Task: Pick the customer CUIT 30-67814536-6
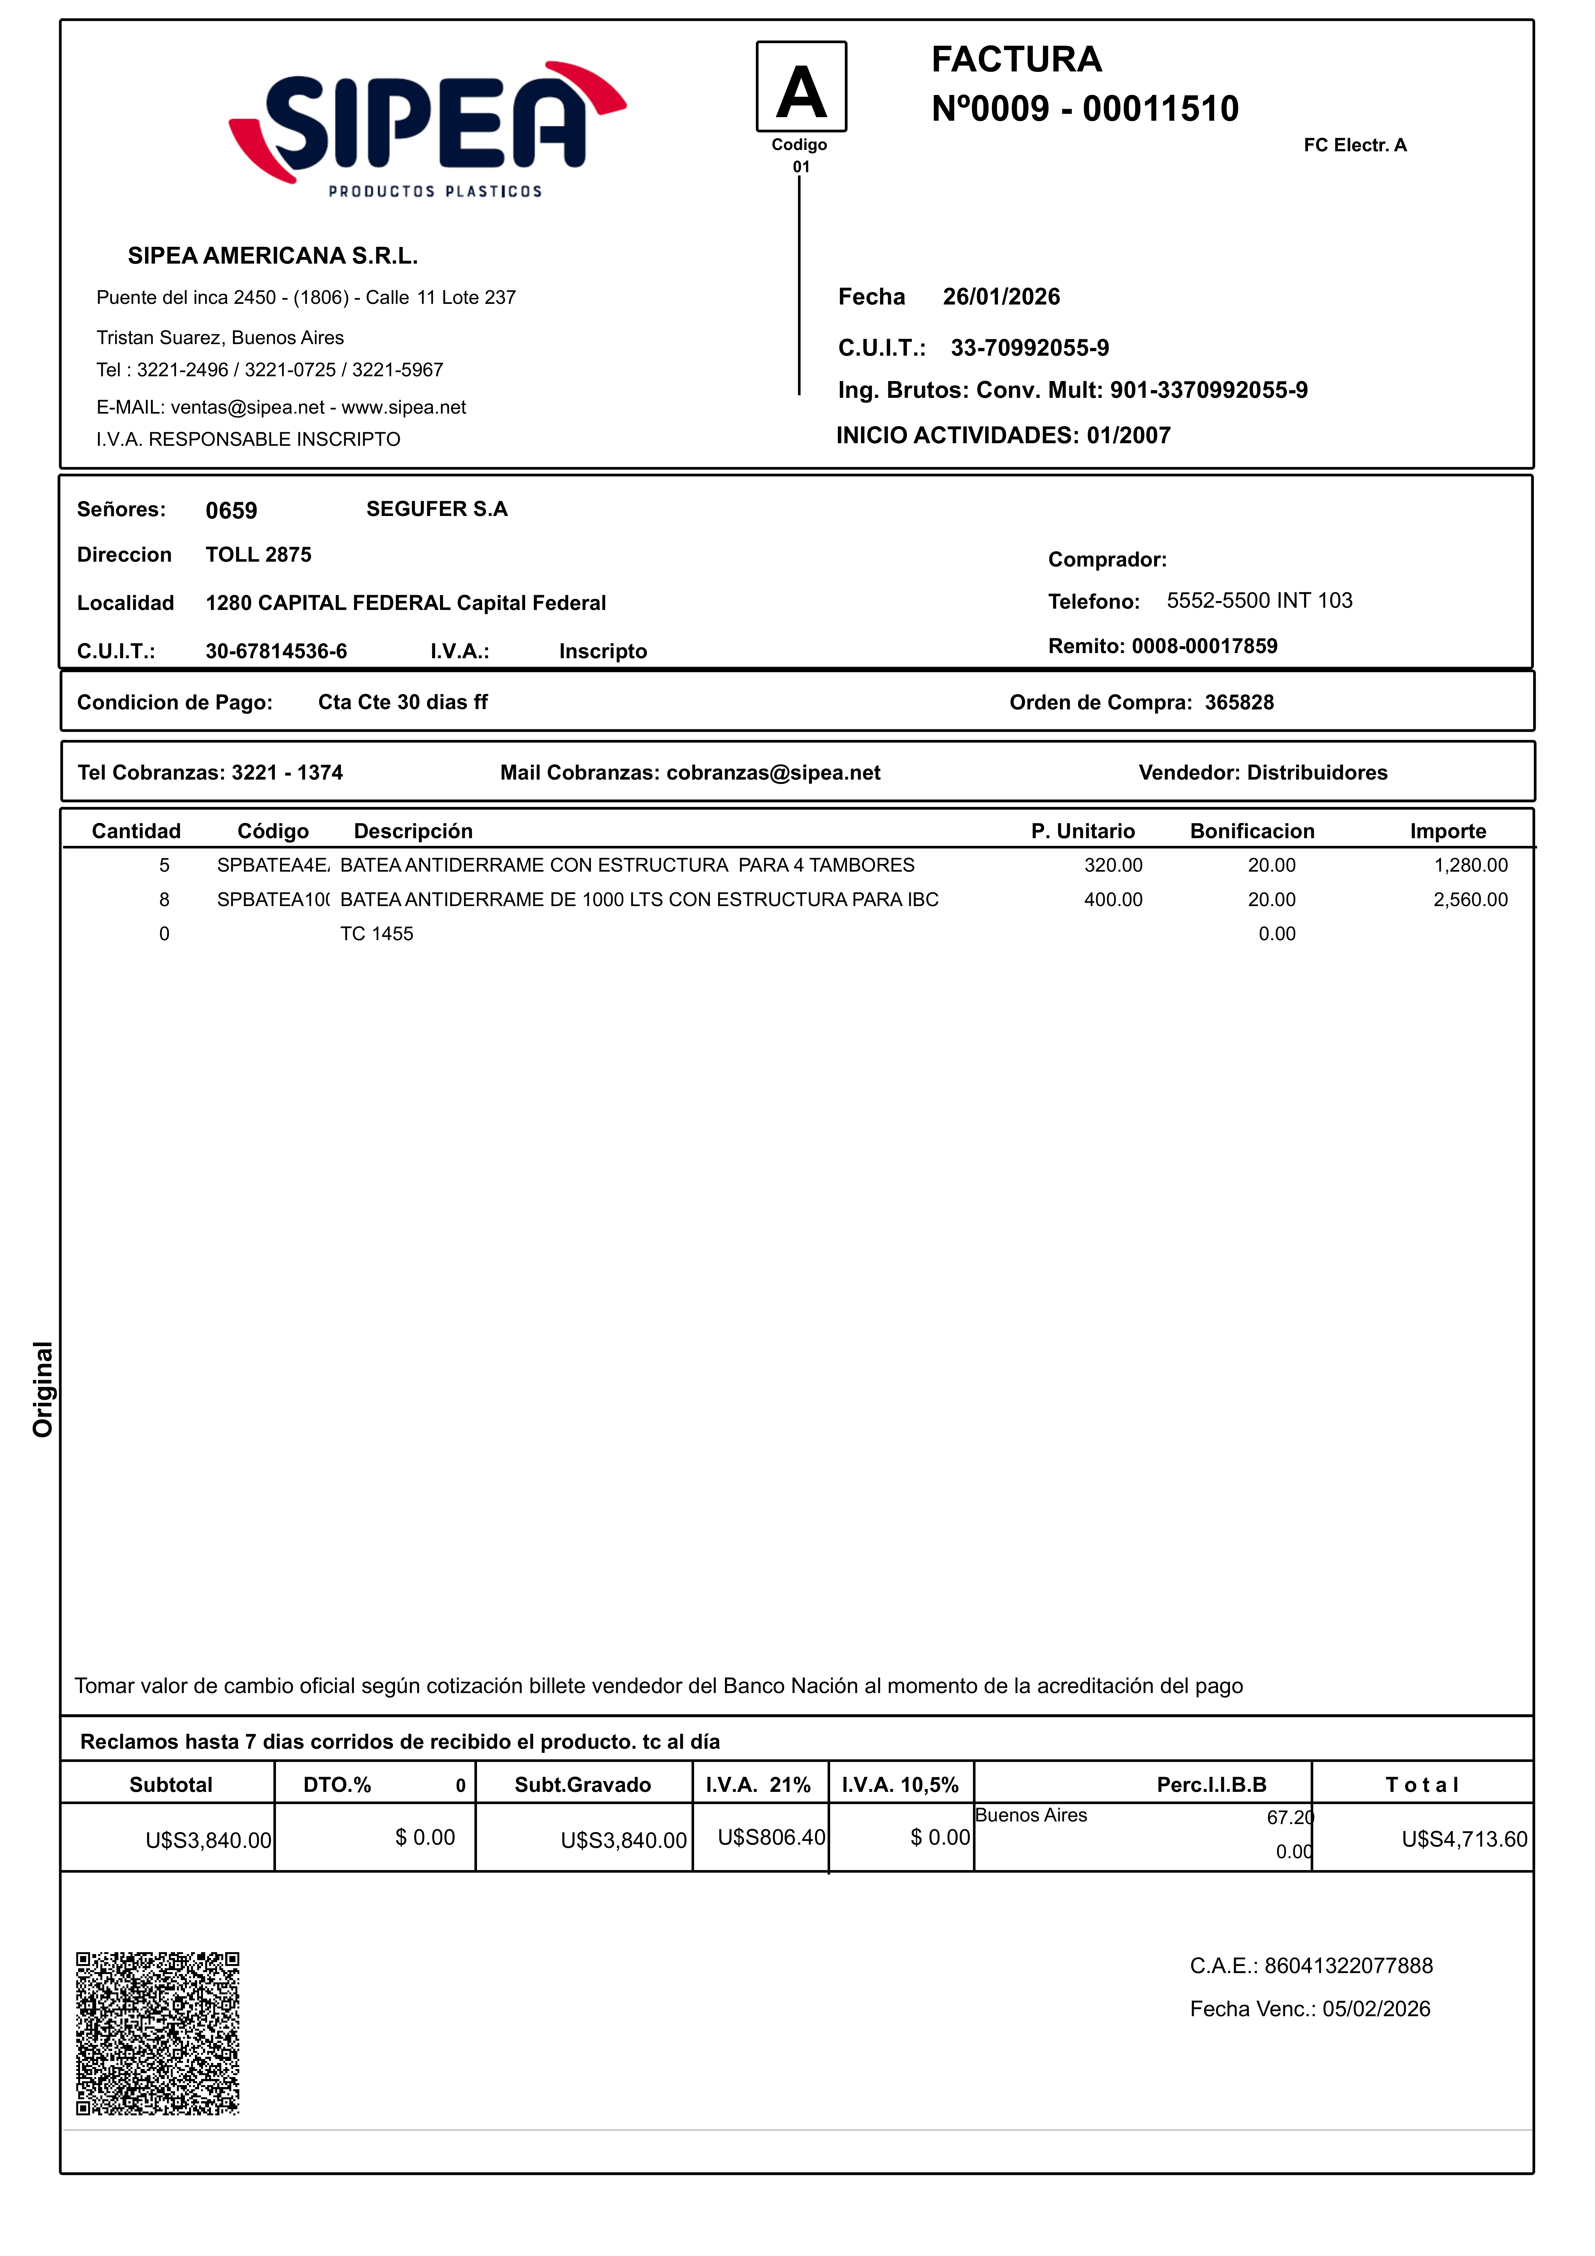[276, 651]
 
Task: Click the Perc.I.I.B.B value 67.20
[1289, 1818]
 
